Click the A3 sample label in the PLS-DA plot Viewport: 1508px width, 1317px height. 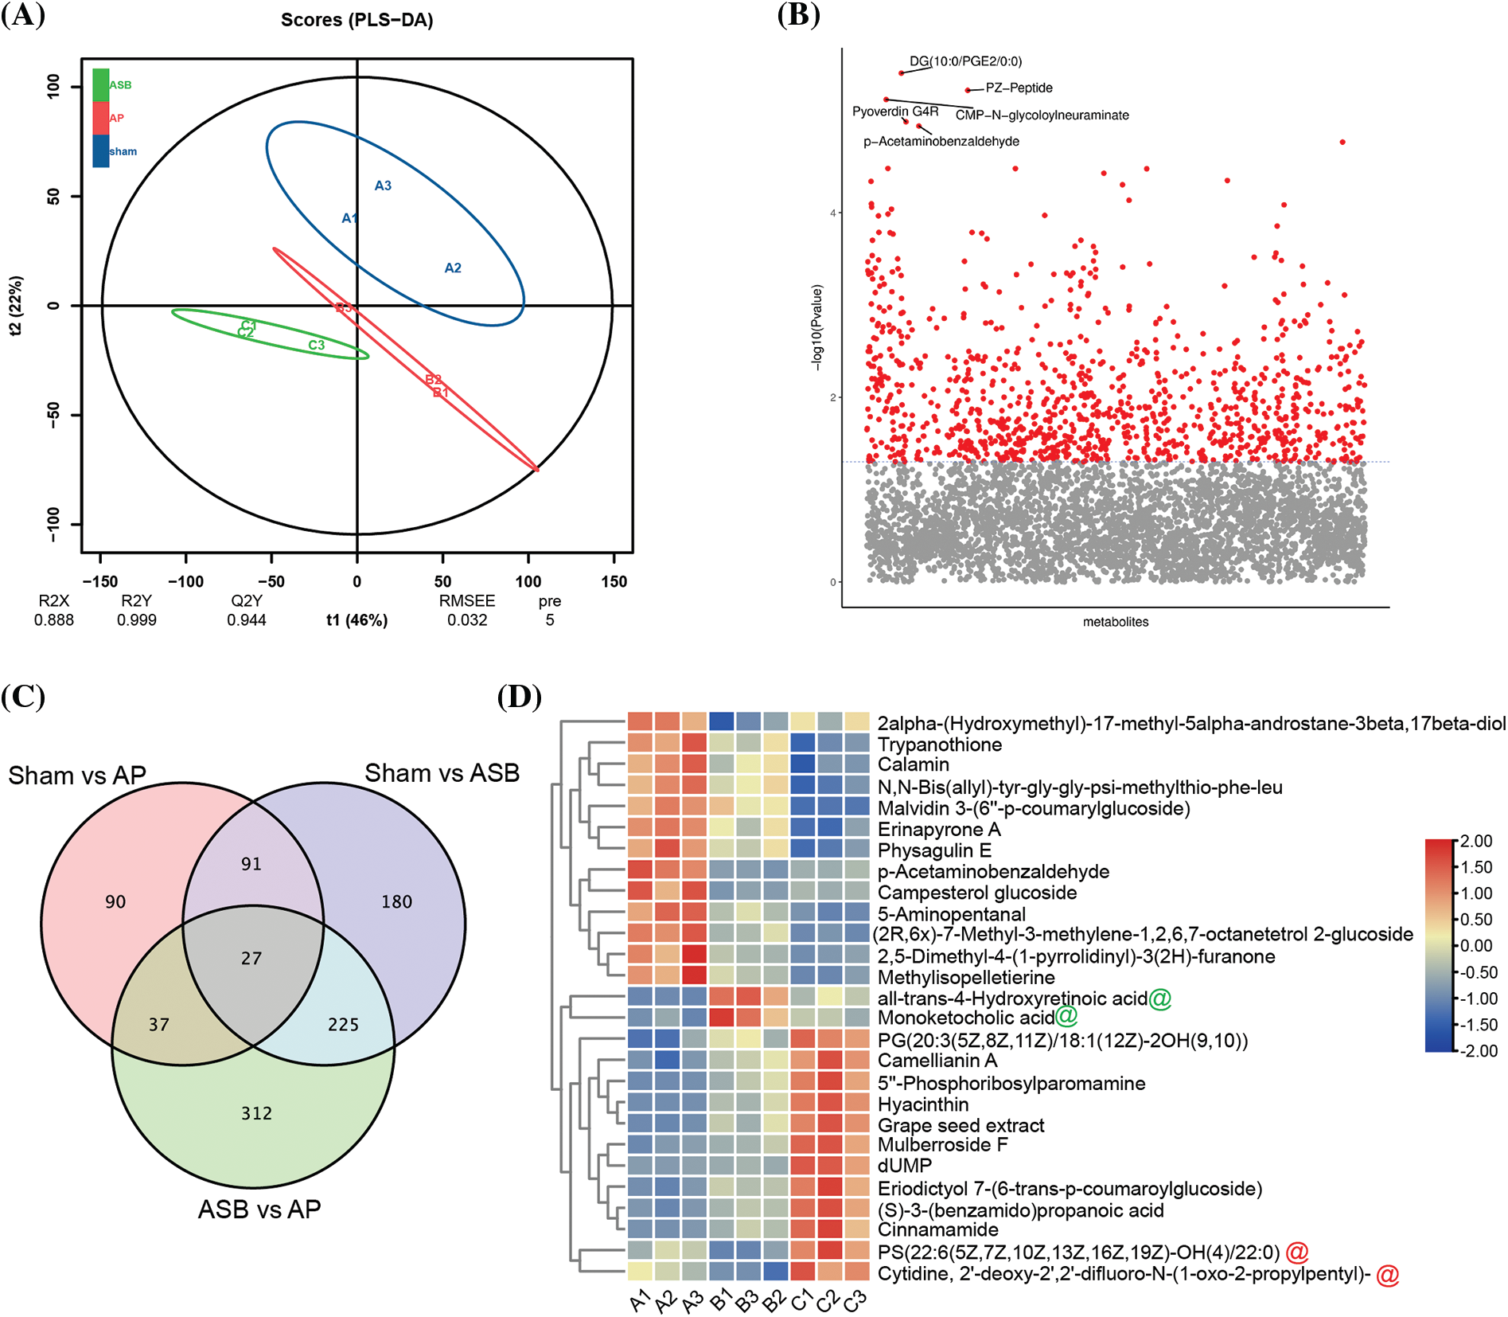pyautogui.click(x=383, y=186)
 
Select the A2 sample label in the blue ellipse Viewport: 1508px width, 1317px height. pyautogui.click(x=453, y=268)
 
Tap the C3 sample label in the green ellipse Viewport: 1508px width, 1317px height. pyautogui.click(x=317, y=345)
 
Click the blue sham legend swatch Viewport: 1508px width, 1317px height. pyautogui.click(x=101, y=151)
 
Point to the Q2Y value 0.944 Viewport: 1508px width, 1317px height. pyautogui.click(x=247, y=620)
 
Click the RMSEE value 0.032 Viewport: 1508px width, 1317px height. pyautogui.click(x=467, y=620)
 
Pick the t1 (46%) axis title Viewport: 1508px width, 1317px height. pyautogui.click(x=357, y=620)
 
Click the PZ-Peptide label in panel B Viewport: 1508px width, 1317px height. pyautogui.click(x=1019, y=88)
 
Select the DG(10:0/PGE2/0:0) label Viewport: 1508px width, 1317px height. pyautogui.click(x=965, y=61)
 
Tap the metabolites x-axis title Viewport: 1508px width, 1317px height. pyautogui.click(x=1116, y=622)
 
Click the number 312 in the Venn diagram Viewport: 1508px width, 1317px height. pyautogui.click(x=256, y=1113)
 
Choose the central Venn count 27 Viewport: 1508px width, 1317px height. pyautogui.click(x=251, y=958)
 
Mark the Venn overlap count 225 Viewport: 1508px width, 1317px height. pyautogui.click(x=343, y=1025)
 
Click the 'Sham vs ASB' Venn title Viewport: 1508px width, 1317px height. pyautogui.click(x=442, y=773)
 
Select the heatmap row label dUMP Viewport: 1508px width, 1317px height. pyautogui.click(x=905, y=1166)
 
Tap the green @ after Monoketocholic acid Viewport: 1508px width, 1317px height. pyautogui.click(x=1066, y=1016)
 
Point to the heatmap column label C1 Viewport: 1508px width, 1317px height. pyautogui.click(x=801, y=1299)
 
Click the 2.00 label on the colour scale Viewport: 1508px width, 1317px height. pyautogui.click(x=1476, y=842)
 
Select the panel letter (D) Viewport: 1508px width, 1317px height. pyautogui.click(x=519, y=697)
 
